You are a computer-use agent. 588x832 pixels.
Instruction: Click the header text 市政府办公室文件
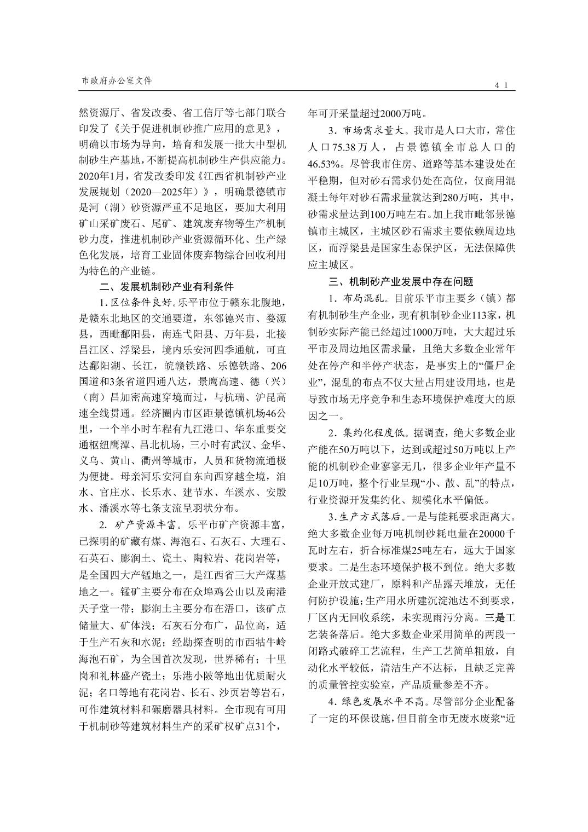coord(117,80)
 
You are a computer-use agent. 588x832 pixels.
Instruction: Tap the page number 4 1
coord(502,85)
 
